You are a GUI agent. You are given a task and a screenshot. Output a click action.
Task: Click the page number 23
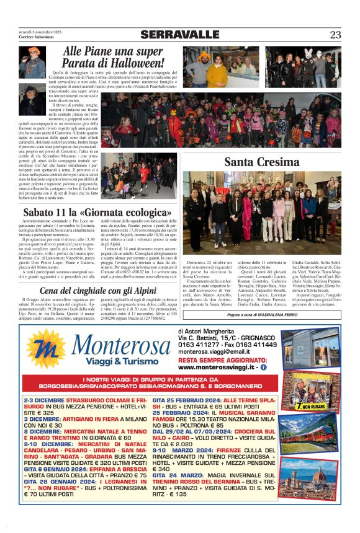335,34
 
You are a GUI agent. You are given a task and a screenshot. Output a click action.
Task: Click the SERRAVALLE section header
179,34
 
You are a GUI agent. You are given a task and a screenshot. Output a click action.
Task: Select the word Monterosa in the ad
116,346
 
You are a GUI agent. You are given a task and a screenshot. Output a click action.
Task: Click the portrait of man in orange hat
32,64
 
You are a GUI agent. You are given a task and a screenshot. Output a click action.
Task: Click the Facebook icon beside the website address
264,367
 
